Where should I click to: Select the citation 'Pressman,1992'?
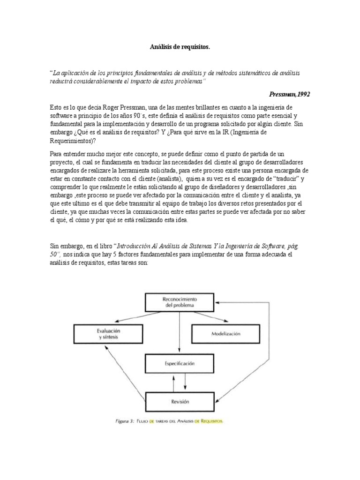pyautogui.click(x=290, y=94)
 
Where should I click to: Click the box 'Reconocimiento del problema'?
pyautogui.click(x=180, y=302)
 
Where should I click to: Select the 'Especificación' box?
pyautogui.click(x=180, y=363)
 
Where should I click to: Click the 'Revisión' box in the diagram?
pyautogui.click(x=180, y=401)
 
